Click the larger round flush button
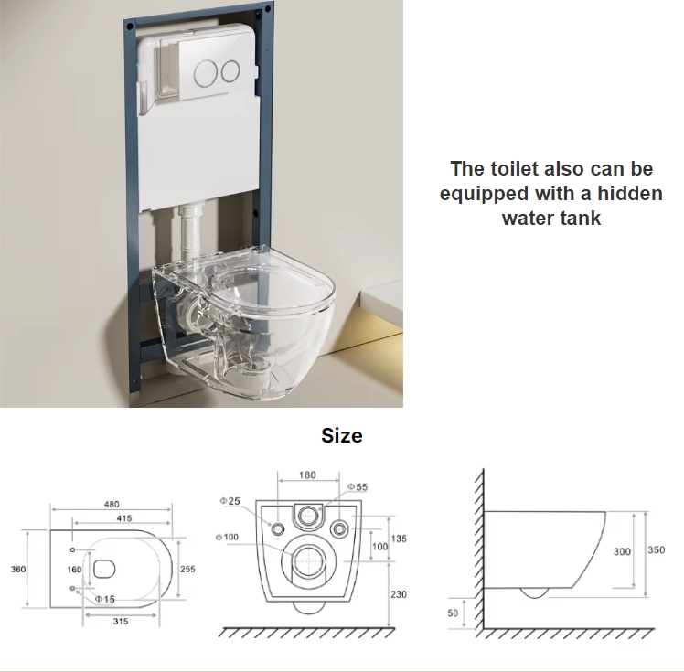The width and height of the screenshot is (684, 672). pos(206,73)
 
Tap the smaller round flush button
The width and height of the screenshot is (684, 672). pos(230,71)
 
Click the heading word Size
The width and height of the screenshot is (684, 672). pos(342,435)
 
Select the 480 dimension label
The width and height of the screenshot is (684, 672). pos(112,504)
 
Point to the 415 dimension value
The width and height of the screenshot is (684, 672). pos(124,518)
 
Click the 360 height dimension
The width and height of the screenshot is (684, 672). pos(18,569)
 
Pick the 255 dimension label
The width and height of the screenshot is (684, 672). pos(187,569)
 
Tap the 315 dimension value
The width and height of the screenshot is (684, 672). pos(121,622)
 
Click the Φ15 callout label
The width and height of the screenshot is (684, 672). pos(105,599)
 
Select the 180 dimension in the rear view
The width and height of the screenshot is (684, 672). pos(307,475)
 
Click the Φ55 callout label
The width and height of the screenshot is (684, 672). pos(358,486)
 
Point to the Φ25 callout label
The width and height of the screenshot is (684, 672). pos(230,501)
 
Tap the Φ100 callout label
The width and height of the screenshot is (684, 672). pos(227,538)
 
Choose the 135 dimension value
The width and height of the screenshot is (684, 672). pos(399,539)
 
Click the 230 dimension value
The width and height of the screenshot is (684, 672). pos(399,594)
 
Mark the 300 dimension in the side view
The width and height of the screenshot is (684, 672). pos(622,552)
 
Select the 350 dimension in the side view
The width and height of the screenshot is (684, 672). pos(657,549)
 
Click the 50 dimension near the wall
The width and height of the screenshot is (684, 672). pos(453,613)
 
